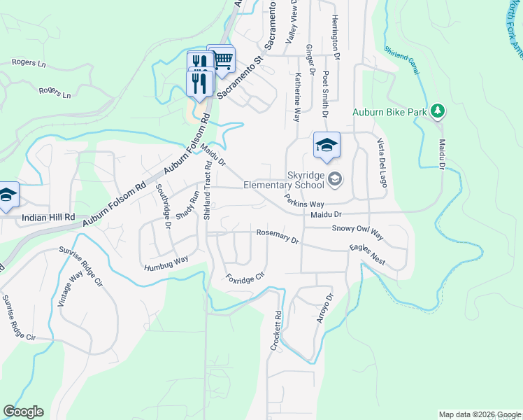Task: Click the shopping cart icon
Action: pos(223,59)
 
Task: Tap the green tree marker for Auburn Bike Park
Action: pos(438,111)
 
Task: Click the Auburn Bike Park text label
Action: pos(391,111)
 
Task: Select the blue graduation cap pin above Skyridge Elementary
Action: pos(327,146)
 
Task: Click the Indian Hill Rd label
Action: pos(48,218)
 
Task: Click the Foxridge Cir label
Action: pos(246,275)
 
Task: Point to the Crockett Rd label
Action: pos(277,331)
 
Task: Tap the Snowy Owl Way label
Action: pos(358,232)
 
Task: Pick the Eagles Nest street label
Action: pos(368,254)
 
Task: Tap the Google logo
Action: pos(23,412)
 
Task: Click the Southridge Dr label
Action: pos(162,206)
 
